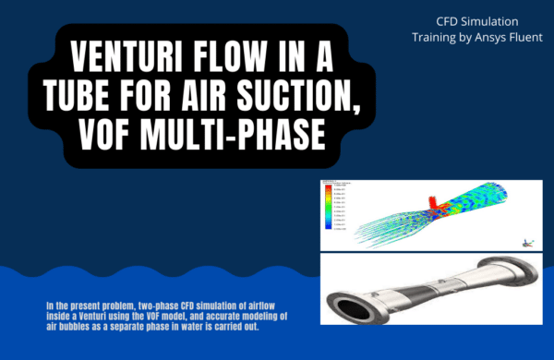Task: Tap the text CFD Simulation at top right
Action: pos(476,20)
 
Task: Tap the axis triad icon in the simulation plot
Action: pos(526,242)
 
